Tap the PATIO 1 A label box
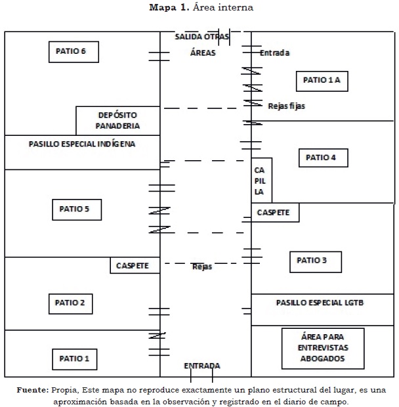point(322,80)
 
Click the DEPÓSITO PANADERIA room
point(117,120)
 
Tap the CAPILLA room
point(261,180)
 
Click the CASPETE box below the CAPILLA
point(275,213)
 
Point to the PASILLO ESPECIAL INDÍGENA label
point(82,144)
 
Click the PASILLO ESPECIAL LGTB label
point(320,303)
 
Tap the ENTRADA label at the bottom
point(201,366)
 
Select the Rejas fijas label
point(286,106)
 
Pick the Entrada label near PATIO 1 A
point(274,53)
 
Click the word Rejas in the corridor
point(202,267)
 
